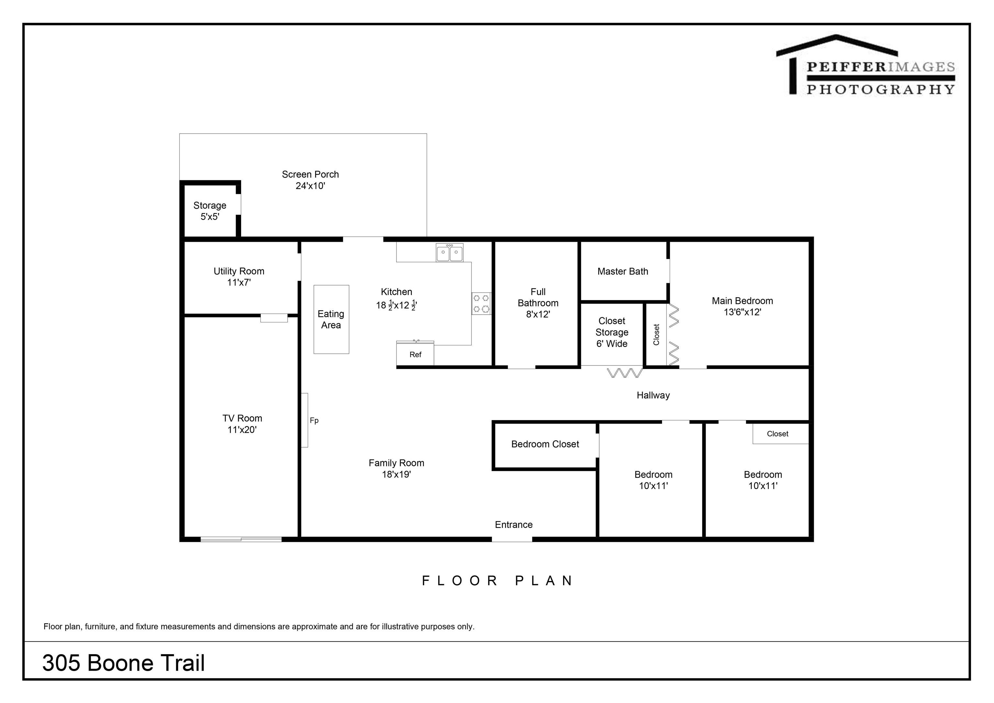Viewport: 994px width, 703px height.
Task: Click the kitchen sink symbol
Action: click(x=449, y=252)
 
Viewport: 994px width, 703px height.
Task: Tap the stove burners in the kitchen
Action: click(x=481, y=303)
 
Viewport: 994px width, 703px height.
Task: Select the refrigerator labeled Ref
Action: click(x=415, y=353)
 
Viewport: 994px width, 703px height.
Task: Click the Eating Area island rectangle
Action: click(x=331, y=319)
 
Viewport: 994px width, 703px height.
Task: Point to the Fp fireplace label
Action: click(x=314, y=420)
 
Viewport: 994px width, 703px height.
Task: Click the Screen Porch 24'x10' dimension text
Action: click(x=310, y=186)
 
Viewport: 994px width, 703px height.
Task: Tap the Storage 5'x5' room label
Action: click(x=210, y=211)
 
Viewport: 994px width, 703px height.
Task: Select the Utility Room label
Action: click(x=239, y=271)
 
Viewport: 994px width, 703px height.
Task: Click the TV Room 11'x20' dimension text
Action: click(x=242, y=430)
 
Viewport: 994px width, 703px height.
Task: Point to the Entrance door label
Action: click(x=514, y=525)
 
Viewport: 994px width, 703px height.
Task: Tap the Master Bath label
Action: click(x=623, y=272)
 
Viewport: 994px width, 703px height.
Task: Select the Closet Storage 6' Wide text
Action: click(x=612, y=332)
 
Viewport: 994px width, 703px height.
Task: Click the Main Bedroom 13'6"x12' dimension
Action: click(x=743, y=312)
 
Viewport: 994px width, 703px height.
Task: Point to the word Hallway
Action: click(x=653, y=395)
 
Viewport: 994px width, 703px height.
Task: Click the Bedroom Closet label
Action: click(x=545, y=444)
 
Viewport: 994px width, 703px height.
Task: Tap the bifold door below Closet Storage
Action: click(x=625, y=373)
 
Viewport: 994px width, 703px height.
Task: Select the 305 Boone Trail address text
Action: click(x=123, y=663)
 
